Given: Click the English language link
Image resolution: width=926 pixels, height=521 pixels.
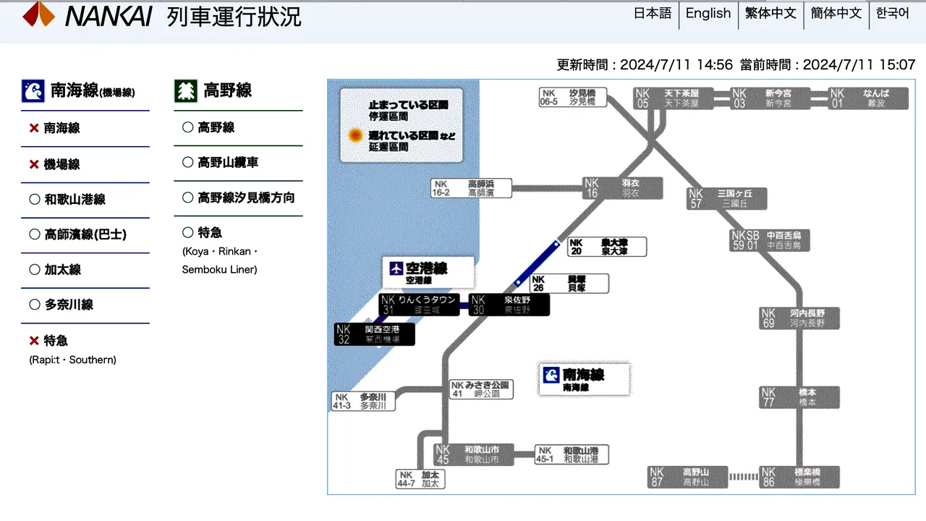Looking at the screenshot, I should (708, 13).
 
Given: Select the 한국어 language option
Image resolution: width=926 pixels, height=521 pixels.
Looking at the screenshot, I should (892, 13).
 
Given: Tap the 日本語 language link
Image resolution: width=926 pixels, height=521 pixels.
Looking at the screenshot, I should (653, 13).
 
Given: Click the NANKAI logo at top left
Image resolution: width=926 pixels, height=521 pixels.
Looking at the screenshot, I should (88, 15).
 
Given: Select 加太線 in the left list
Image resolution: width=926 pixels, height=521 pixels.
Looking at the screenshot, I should (62, 269).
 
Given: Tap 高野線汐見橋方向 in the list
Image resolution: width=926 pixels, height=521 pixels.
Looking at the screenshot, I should (245, 198).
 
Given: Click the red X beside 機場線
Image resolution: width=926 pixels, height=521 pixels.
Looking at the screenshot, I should (34, 164).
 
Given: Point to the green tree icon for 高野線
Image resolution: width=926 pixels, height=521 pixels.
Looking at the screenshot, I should (186, 90).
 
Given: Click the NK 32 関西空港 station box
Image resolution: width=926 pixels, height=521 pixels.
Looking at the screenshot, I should (376, 334).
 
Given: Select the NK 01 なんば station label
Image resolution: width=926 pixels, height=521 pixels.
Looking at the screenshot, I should (868, 98).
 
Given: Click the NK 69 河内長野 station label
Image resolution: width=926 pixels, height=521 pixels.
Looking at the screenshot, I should (799, 318).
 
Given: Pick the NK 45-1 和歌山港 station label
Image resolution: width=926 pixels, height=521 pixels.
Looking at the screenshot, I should (572, 454).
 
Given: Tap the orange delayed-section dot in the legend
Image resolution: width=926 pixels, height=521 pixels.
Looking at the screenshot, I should (355, 135).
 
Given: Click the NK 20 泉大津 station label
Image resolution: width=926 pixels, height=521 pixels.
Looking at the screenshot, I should (606, 247).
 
